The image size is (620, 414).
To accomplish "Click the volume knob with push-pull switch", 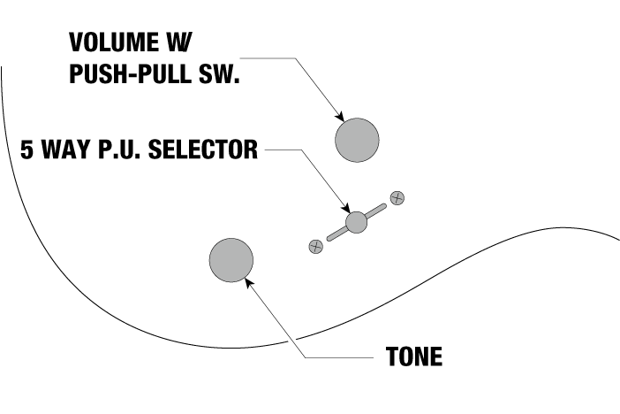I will coord(357,139).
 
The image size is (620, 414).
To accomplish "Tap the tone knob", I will coord(231,260).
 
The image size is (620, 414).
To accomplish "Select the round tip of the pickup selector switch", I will coord(356,222).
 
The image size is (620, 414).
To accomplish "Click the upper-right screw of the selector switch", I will coord(397,197).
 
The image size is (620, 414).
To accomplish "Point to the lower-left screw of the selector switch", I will coord(314,247).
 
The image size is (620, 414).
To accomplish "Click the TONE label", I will coord(414,358).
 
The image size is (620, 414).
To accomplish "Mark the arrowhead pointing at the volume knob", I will coord(338,118).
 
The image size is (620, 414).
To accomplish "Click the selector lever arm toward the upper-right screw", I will coord(376,211).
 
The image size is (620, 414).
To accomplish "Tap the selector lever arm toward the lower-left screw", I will coord(336,234).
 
